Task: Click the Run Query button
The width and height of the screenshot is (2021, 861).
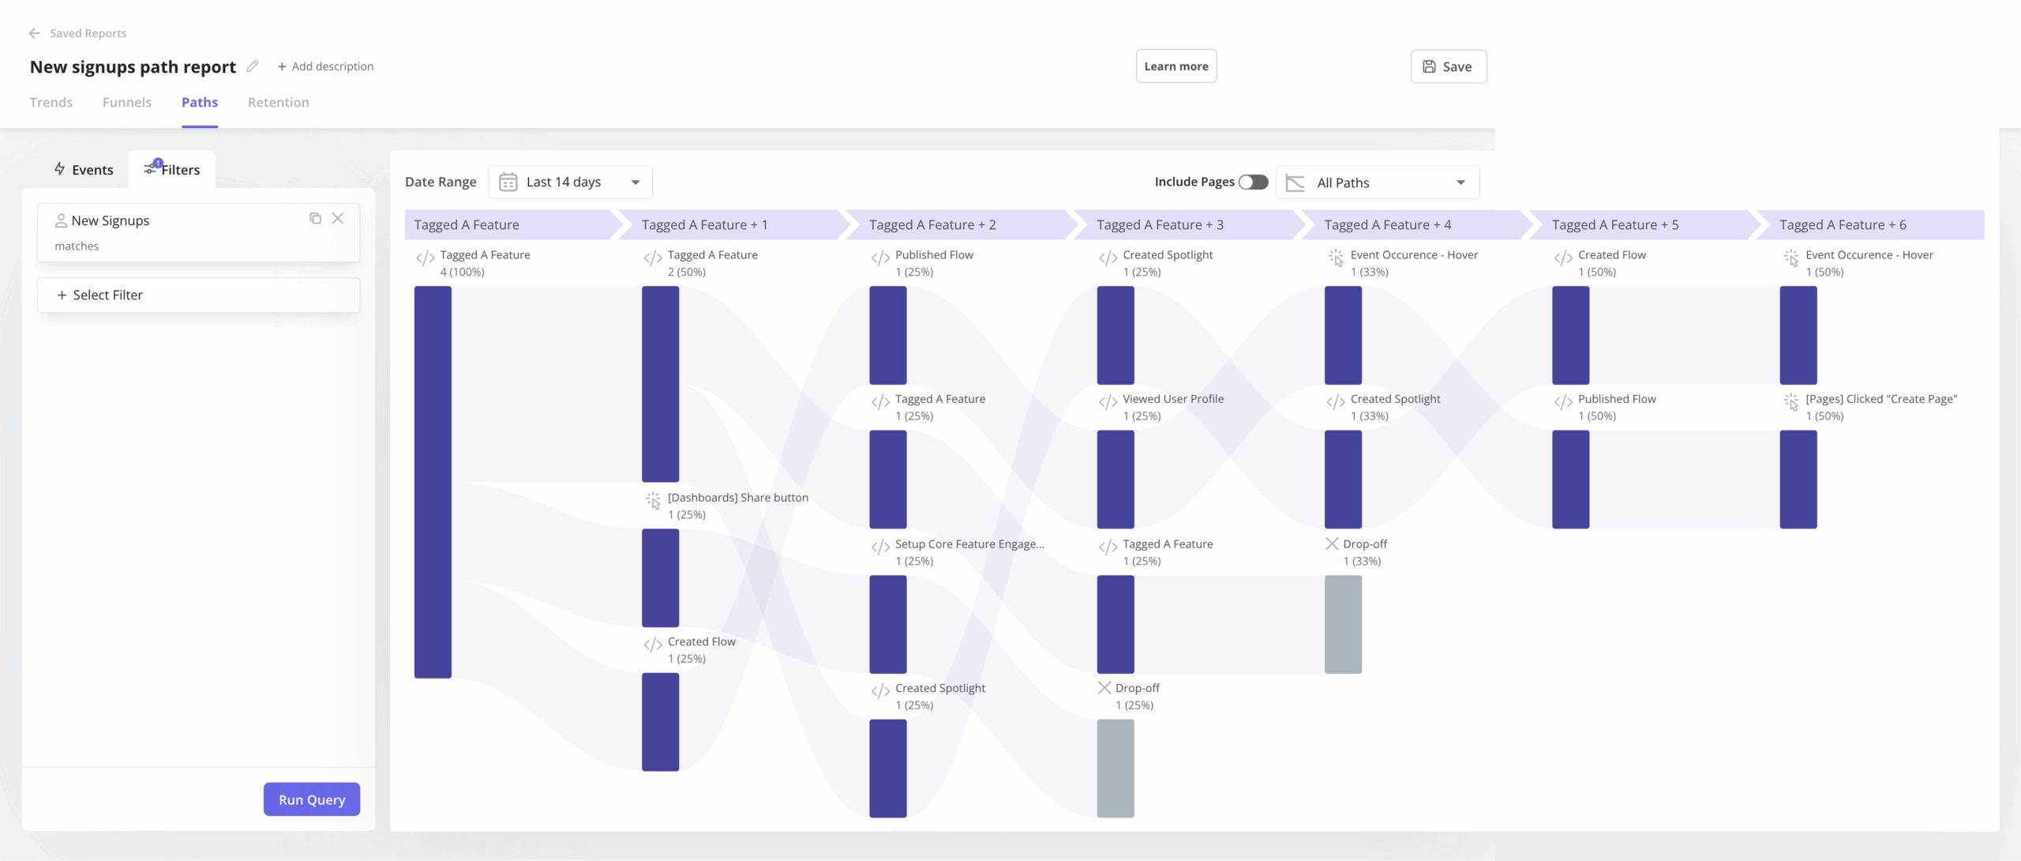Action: click(x=311, y=799)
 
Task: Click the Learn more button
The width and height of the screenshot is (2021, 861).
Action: click(x=1175, y=66)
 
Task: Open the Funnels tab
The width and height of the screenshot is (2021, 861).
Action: click(x=126, y=102)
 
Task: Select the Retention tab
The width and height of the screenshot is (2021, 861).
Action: click(x=278, y=102)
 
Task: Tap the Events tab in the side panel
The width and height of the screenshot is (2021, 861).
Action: click(x=84, y=170)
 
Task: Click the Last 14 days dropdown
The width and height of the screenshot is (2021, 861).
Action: click(x=570, y=182)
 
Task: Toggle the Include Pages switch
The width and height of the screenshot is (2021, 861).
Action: click(x=1253, y=182)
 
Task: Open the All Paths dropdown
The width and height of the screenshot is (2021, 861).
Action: click(x=1378, y=182)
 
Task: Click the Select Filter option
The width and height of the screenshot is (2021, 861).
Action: click(x=198, y=295)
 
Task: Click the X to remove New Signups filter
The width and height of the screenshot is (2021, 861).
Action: click(x=338, y=219)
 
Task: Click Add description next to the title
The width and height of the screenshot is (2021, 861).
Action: click(x=325, y=66)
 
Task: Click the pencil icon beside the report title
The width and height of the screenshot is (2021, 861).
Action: click(x=253, y=66)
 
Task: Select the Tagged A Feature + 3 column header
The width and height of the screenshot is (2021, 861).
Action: click(x=1160, y=225)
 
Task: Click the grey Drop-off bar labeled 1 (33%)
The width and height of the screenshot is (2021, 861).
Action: click(x=1343, y=624)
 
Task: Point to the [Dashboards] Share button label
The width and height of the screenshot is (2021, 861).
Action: click(x=737, y=498)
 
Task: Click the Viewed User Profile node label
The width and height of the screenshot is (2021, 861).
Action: click(x=1172, y=399)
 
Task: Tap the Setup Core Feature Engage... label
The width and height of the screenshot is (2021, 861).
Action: click(x=969, y=544)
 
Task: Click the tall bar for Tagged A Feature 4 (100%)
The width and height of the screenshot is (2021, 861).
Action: click(x=433, y=482)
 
